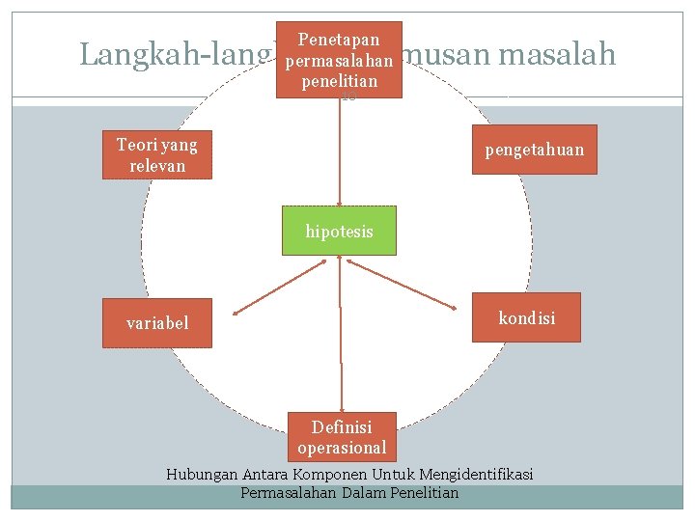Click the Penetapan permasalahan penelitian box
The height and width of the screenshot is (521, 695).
tap(339, 60)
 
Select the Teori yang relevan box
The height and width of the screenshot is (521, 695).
tap(156, 155)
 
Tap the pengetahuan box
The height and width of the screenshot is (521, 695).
tap(534, 150)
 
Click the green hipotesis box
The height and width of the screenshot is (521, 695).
tap(339, 231)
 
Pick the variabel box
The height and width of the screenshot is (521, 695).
tap(157, 322)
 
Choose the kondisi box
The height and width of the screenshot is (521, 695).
tap(526, 317)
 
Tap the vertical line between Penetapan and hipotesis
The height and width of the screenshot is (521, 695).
tap(339, 154)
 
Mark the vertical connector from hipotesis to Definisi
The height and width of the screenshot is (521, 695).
tap(341, 338)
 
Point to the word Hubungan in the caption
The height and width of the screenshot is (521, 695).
tap(200, 475)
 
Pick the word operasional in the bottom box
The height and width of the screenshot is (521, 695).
tap(342, 448)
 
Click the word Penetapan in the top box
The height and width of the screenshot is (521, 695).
tap(338, 40)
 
